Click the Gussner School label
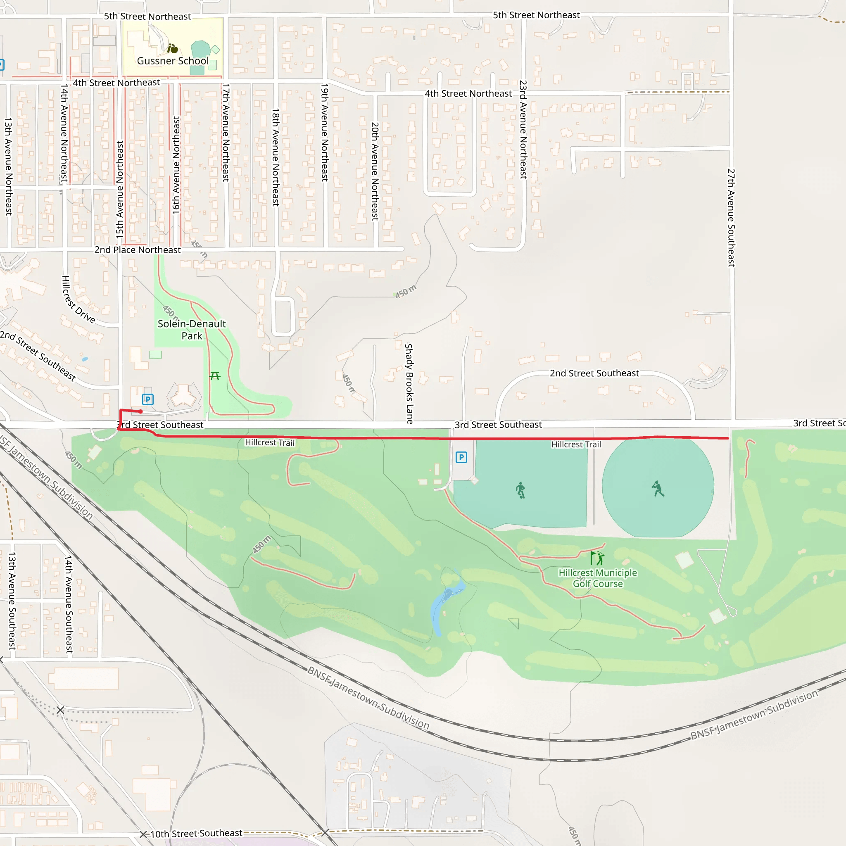[x=173, y=61]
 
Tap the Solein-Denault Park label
[x=192, y=330]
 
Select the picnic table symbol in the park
[x=214, y=376]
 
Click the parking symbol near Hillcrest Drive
[x=147, y=399]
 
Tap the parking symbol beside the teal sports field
[x=461, y=458]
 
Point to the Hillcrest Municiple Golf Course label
[x=598, y=578]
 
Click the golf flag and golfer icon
[x=597, y=558]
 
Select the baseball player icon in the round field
[x=657, y=489]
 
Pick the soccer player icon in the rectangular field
[x=520, y=490]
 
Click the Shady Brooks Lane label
[x=409, y=384]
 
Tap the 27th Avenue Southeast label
[x=731, y=218]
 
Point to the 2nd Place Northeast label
[x=138, y=250]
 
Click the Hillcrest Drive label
[x=78, y=299]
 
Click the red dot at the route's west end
[x=140, y=411]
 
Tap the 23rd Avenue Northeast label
[x=523, y=130]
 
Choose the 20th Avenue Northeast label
[x=375, y=171]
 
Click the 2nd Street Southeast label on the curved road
[x=594, y=373]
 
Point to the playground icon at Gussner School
[x=173, y=48]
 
